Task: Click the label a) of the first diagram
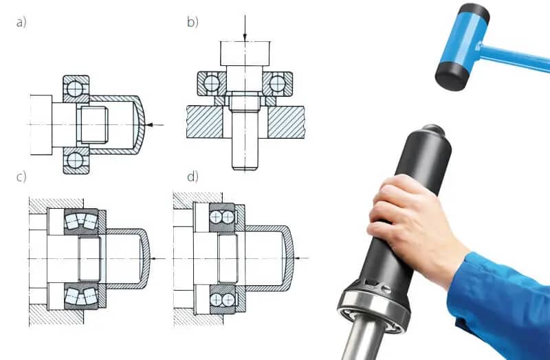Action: tap(21, 23)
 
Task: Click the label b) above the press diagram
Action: tap(192, 22)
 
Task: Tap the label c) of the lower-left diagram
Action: tap(21, 177)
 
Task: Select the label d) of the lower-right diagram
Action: tap(192, 177)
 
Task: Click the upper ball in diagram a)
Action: tap(76, 89)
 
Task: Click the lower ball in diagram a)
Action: tap(76, 161)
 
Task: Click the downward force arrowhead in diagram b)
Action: tap(245, 37)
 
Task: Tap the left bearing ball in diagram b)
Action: tap(212, 84)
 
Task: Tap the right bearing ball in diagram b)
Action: tap(278, 84)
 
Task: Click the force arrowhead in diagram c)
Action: tap(153, 259)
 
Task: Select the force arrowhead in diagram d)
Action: tap(297, 258)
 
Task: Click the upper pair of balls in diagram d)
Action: tap(222, 217)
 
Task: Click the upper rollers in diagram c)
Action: tap(81, 221)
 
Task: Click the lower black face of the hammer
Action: tap(452, 76)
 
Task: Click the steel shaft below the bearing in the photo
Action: tap(360, 338)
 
